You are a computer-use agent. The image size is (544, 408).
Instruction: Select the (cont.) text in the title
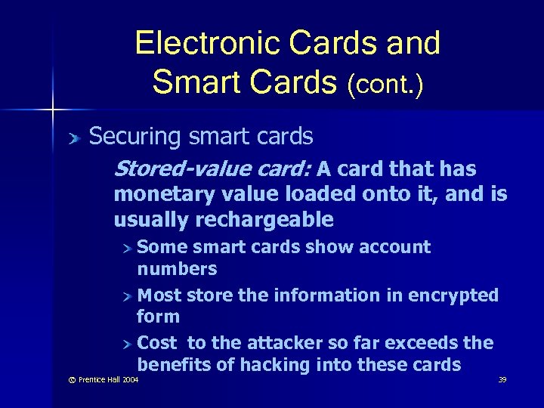[x=385, y=82]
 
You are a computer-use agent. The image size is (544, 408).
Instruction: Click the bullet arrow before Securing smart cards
[x=74, y=138]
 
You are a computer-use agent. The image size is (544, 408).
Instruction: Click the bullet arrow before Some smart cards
[x=129, y=248]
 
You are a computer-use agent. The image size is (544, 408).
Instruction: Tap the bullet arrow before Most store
[x=129, y=296]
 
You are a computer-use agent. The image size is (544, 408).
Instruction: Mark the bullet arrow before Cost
[x=129, y=344]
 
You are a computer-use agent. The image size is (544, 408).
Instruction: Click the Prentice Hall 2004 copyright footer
[x=98, y=380]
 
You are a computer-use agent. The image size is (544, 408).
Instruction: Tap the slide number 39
[x=502, y=380]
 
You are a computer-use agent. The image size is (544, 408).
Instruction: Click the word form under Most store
[x=158, y=317]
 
